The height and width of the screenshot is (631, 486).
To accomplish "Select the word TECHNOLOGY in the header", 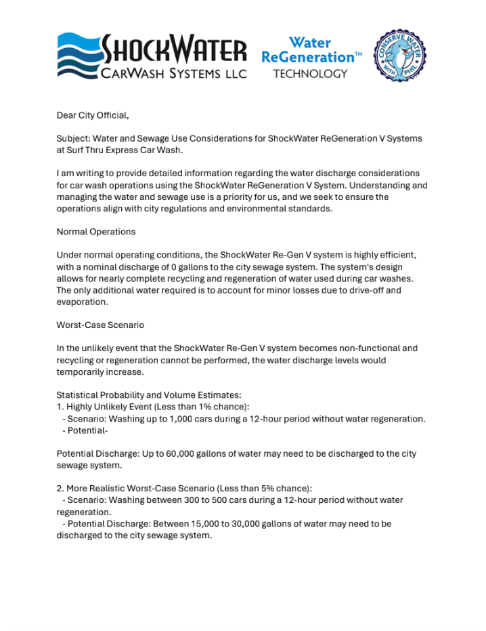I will coord(311,73).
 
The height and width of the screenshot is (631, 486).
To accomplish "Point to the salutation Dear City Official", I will coord(93,116).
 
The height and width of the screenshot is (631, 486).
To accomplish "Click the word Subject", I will coord(73,138).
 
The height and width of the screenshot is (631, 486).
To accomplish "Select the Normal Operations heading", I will coord(96,232).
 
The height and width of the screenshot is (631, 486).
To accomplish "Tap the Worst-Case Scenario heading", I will coord(100,325).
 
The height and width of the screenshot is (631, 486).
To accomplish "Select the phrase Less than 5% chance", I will coord(266,488).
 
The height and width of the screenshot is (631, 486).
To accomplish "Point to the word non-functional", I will coord(368,348).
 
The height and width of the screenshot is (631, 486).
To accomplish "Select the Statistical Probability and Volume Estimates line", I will coord(149,395).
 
